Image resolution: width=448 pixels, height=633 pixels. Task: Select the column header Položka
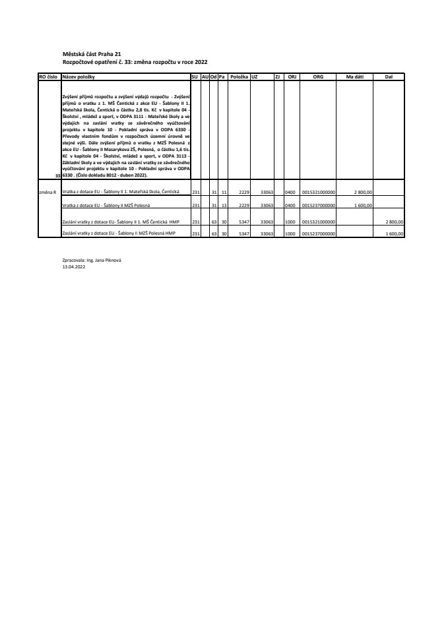(x=239, y=77)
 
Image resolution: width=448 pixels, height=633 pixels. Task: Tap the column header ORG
(x=318, y=77)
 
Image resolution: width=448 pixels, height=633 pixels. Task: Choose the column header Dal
(x=389, y=77)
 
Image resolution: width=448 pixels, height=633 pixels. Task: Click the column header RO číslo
(x=48, y=77)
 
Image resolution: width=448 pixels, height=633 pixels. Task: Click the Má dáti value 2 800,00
(x=364, y=192)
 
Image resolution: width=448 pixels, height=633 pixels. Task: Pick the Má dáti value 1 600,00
(x=364, y=206)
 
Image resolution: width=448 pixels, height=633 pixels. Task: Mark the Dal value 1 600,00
(x=394, y=233)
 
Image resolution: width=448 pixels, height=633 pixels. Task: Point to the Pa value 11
(x=223, y=192)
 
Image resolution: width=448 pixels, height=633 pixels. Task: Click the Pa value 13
(x=223, y=206)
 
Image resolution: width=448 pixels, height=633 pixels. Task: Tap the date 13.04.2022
(x=73, y=267)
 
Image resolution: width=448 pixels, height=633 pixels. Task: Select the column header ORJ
(x=292, y=77)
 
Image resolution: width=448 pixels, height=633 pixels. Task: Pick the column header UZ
(x=254, y=77)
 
